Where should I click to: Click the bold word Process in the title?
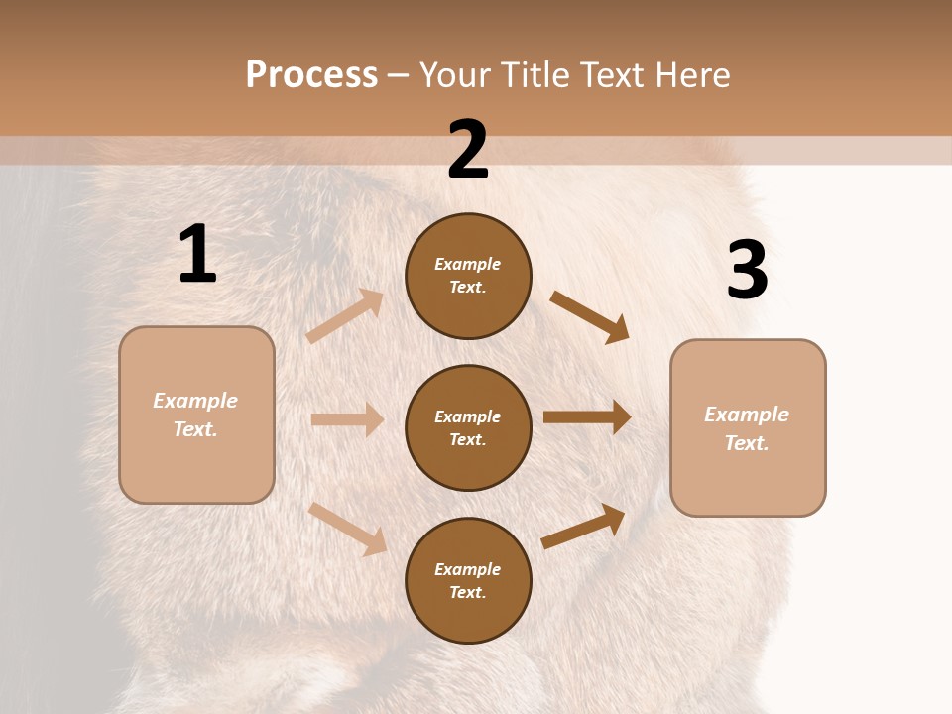pos(311,75)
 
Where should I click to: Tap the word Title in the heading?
pos(530,75)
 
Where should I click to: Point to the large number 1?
pos(197,255)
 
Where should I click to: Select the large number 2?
pos(468,150)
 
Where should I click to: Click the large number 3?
pos(747,270)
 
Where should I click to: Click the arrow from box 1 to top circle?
pos(345,316)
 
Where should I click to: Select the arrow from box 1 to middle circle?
pos(347,419)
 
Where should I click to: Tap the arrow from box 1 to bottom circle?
pos(347,528)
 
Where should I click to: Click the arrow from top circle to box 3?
pos(589,316)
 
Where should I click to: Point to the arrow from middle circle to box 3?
pos(587,416)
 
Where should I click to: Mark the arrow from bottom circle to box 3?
pos(583,527)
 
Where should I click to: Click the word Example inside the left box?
pos(195,401)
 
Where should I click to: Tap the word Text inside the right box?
pos(746,443)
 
